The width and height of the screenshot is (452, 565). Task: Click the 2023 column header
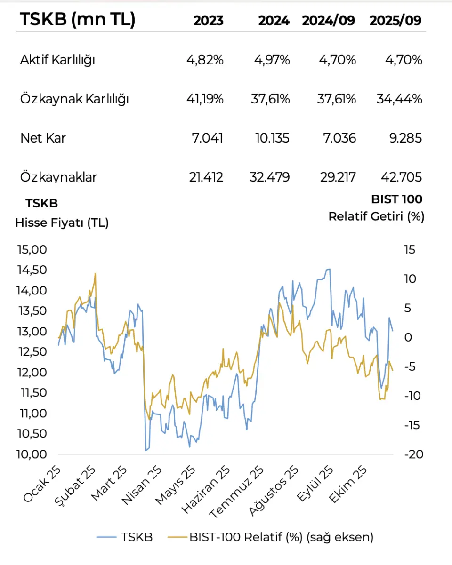click(208, 21)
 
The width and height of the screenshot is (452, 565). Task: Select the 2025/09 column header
click(395, 21)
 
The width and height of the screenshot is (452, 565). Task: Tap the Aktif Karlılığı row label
click(57, 60)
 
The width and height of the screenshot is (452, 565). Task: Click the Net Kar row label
click(43, 138)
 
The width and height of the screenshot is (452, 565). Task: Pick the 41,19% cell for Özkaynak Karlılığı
click(204, 99)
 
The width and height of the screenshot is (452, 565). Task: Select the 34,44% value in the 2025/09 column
click(399, 99)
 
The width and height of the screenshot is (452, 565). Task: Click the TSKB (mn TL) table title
click(77, 20)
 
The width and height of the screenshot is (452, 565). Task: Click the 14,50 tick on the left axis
click(32, 270)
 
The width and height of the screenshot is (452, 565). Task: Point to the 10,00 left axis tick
click(32, 454)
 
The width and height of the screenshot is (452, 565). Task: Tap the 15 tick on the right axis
click(410, 250)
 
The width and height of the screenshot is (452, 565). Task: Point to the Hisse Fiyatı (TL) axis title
click(62, 223)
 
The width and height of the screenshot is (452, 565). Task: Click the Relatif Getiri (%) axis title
click(376, 217)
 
